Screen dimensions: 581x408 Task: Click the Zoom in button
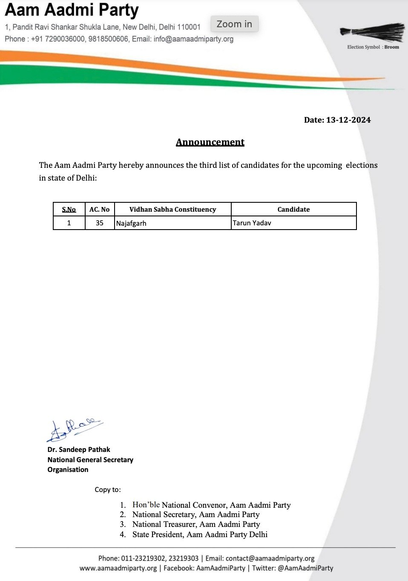click(234, 24)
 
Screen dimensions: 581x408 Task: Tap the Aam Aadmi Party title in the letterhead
click(72, 10)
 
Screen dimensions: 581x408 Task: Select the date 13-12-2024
click(348, 120)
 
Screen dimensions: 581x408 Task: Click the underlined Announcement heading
click(210, 142)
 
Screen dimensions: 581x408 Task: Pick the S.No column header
click(69, 209)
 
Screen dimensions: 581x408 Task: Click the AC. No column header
click(99, 209)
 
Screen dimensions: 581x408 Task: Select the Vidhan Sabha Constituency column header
click(172, 209)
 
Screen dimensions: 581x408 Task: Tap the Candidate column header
click(293, 209)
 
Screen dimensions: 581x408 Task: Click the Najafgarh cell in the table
click(131, 223)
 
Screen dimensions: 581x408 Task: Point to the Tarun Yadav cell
click(252, 223)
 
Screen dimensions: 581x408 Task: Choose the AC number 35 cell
click(100, 223)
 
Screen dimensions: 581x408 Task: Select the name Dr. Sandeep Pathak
click(79, 449)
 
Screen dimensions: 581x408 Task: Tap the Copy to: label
click(108, 489)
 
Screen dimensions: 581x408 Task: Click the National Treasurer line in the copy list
click(196, 524)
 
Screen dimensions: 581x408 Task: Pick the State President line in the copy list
click(200, 535)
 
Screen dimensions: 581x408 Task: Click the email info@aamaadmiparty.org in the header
click(193, 39)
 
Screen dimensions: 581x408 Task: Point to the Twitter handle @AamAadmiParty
click(305, 568)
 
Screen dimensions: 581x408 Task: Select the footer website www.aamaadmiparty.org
click(118, 568)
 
